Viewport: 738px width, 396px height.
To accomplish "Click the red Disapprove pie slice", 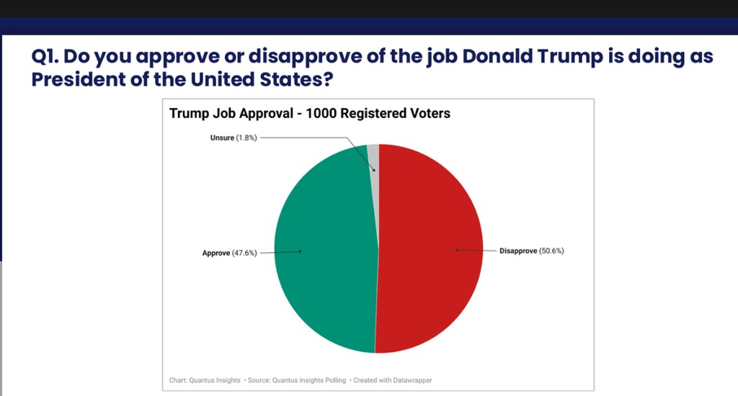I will (432, 252).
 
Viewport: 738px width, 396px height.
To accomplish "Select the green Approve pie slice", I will (324, 252).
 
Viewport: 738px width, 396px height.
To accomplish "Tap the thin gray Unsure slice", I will (373, 155).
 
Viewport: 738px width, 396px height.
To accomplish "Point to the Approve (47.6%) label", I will (228, 253).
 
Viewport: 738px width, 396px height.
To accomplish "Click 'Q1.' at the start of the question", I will (45, 57).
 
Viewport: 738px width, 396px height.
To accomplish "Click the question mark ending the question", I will (328, 79).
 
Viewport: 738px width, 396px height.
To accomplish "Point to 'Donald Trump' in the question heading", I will (533, 57).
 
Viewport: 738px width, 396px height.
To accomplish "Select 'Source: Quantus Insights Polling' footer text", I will (295, 379).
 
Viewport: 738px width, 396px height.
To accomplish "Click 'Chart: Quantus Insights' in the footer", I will (205, 379).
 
